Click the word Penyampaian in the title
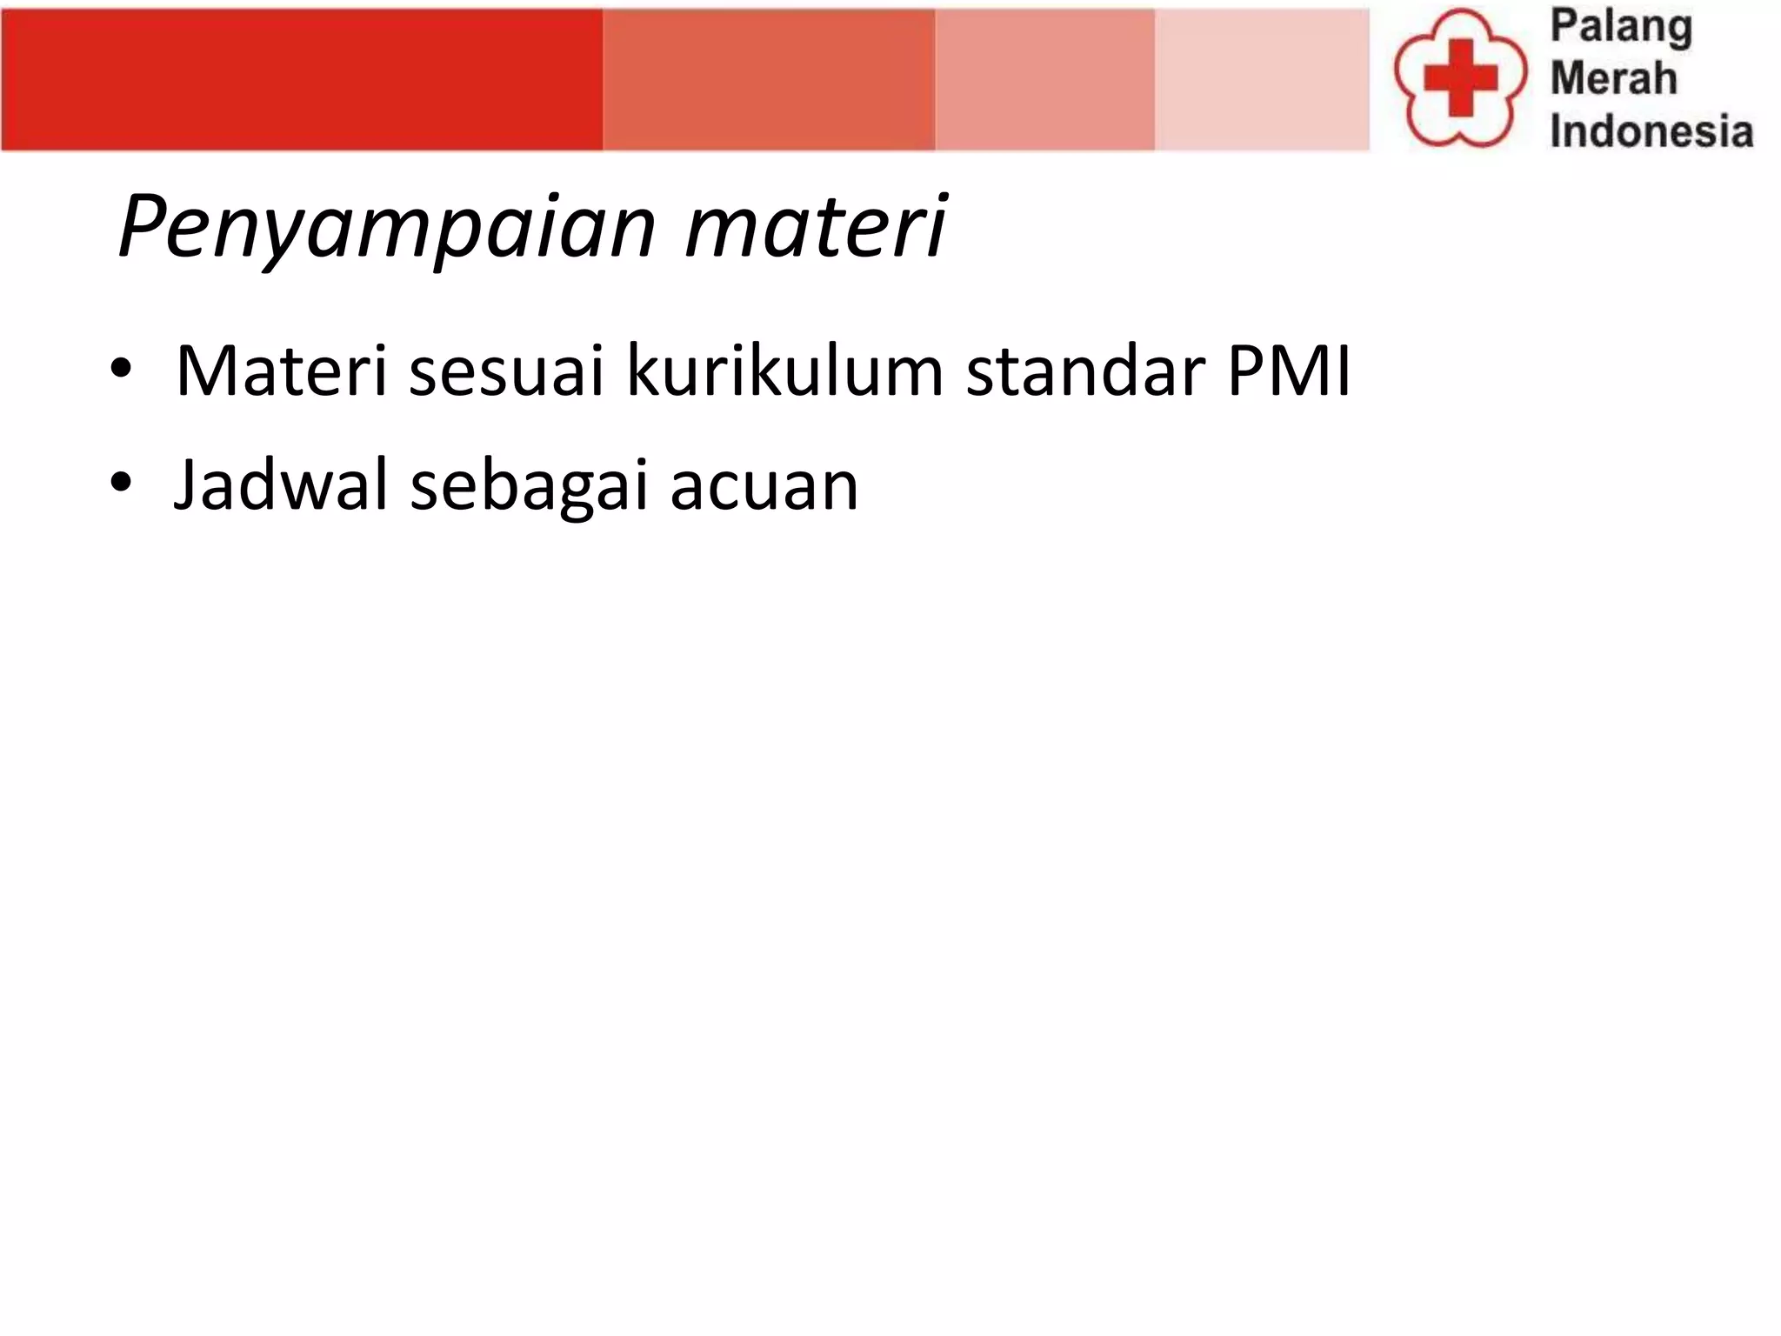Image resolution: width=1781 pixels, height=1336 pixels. point(386,228)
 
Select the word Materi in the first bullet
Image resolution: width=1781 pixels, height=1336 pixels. point(281,371)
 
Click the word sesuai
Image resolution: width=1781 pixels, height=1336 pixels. point(506,373)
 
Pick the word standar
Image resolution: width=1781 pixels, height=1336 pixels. point(1085,371)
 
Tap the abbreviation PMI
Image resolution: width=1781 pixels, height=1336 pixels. point(1289,371)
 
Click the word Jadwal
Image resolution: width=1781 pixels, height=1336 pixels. point(280,484)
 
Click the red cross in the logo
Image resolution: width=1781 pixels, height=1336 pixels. point(1460,78)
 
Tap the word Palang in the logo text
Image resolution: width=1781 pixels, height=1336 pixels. point(1621,28)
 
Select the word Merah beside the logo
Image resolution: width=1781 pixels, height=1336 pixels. point(1613,78)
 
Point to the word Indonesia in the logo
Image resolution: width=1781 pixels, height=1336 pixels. point(1651,131)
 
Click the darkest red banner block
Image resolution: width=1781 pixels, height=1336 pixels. point(302,80)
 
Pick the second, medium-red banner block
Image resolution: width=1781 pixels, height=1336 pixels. point(769,80)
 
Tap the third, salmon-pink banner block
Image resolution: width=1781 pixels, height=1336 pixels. point(1044,80)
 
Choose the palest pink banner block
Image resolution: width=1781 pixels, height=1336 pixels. point(1261,80)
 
